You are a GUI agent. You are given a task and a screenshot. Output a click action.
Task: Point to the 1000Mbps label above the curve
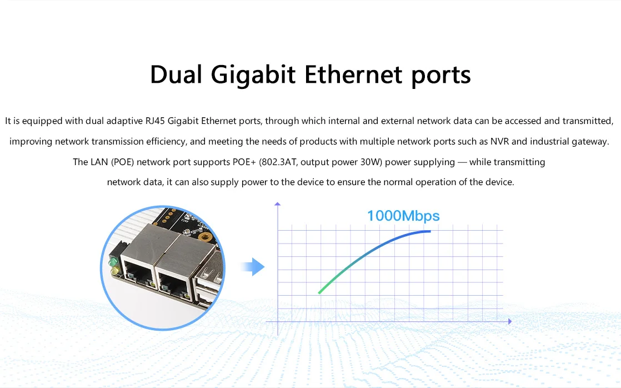pyautogui.click(x=403, y=216)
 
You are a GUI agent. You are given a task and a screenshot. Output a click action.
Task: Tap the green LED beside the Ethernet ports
pyautogui.click(x=113, y=261)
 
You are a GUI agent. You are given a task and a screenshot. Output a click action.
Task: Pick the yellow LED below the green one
pyautogui.click(x=115, y=271)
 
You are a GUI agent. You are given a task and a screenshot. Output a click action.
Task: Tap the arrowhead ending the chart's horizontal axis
pyautogui.click(x=509, y=321)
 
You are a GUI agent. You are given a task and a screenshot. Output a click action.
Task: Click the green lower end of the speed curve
pyautogui.click(x=319, y=292)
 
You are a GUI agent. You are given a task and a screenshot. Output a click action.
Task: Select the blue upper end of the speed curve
pyautogui.click(x=429, y=231)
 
